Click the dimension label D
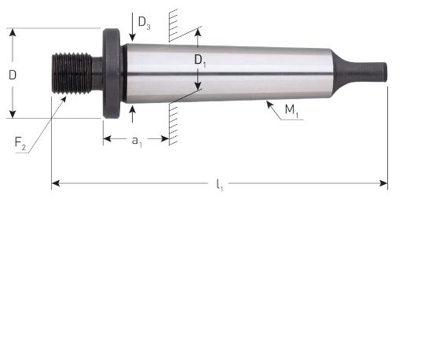click(13, 75)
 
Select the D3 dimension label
click(144, 23)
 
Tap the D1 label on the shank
click(200, 60)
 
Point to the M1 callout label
click(291, 113)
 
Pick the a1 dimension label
click(137, 141)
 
